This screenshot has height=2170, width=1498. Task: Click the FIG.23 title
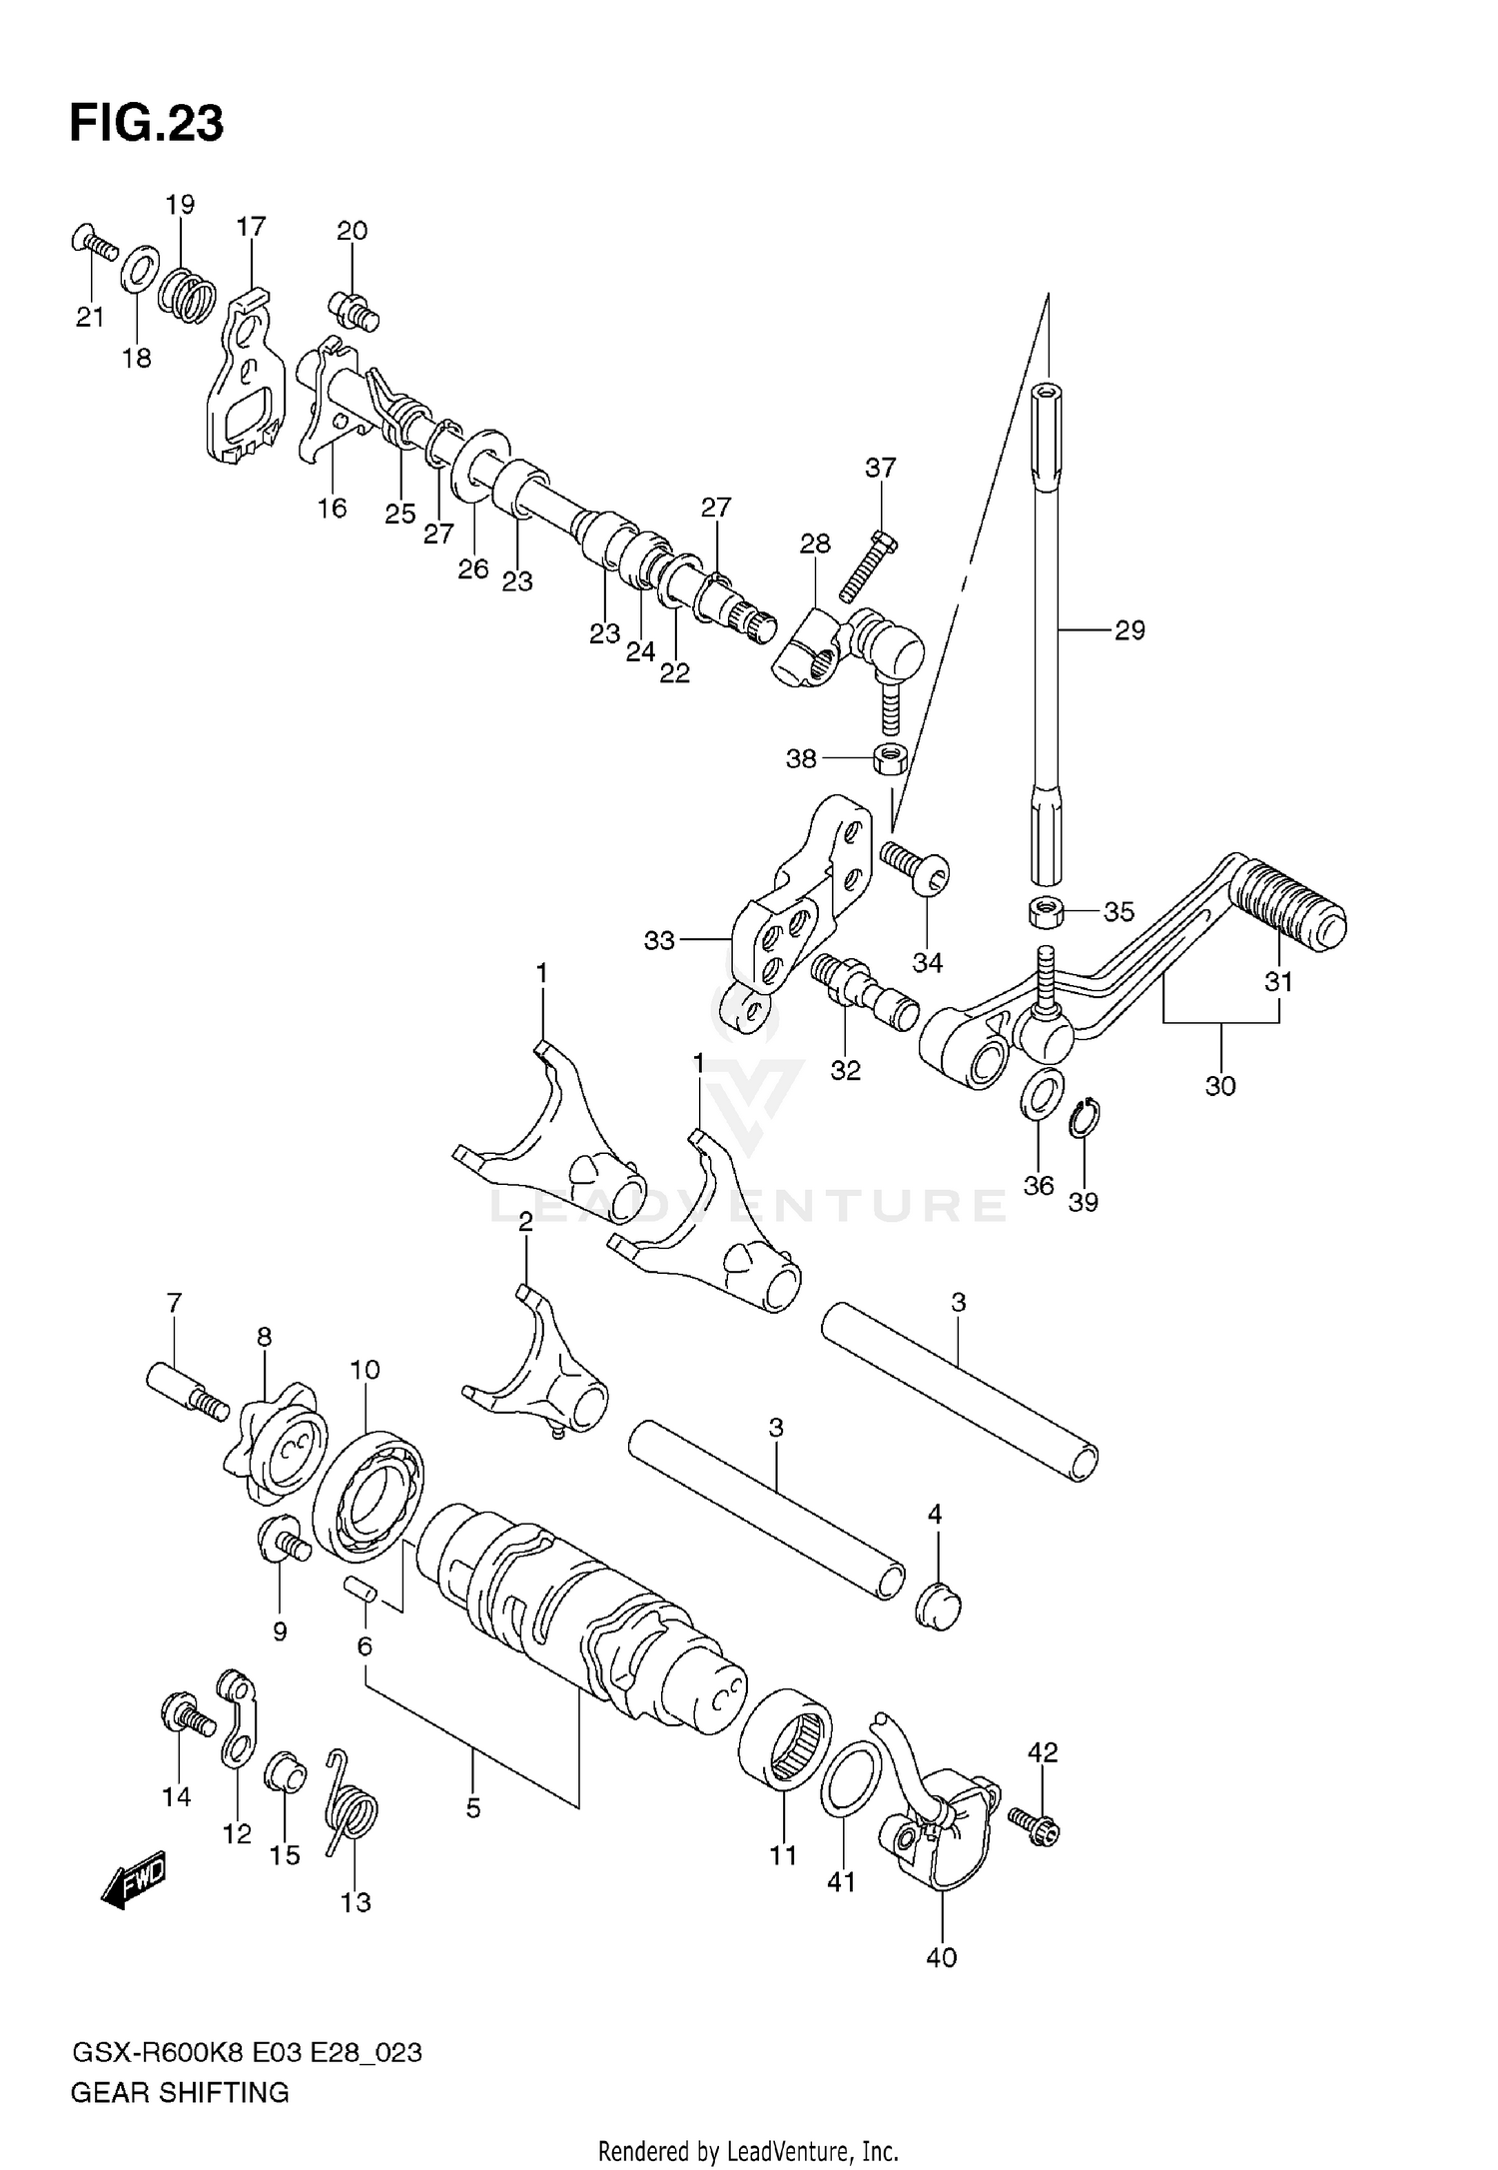point(147,124)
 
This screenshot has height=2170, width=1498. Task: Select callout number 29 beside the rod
point(1129,630)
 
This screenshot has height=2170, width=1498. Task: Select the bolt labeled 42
point(1033,1825)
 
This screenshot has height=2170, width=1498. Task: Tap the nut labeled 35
point(1045,911)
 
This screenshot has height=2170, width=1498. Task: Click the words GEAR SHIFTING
point(180,2093)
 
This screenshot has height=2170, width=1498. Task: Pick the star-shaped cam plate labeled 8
point(274,1443)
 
